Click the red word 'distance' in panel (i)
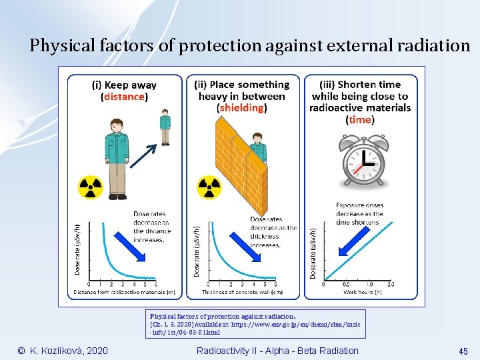[x=124, y=97]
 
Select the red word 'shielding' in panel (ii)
[x=241, y=108]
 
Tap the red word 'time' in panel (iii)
[x=359, y=120]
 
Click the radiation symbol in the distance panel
[x=91, y=187]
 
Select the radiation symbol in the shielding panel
[x=209, y=187]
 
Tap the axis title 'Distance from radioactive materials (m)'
[x=125, y=292]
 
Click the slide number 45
[x=463, y=351]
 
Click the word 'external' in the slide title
[x=363, y=46]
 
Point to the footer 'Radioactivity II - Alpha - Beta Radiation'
[x=277, y=351]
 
